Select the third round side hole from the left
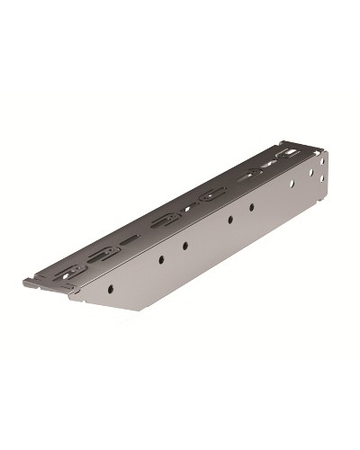coord(184,245)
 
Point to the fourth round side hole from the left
coord(230,218)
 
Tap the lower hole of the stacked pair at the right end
coord(318,179)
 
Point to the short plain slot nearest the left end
coord(131,239)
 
